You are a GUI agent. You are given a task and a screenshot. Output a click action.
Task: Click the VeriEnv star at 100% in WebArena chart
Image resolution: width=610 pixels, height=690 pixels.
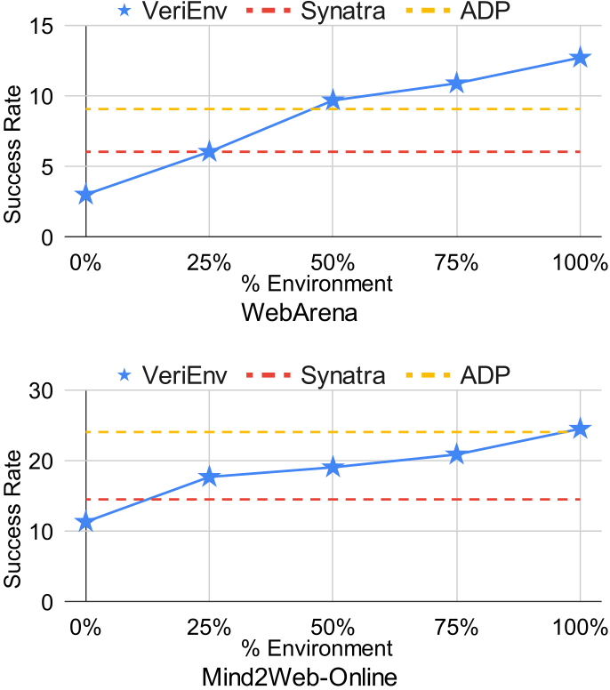tap(580, 58)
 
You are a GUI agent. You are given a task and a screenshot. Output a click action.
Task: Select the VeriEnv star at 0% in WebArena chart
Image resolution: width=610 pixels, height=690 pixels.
tap(85, 195)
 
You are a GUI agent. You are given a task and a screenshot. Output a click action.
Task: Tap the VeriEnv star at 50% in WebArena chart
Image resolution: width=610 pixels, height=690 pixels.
tap(333, 100)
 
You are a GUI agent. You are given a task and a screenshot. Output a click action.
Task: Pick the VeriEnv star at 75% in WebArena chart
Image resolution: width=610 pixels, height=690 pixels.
tap(456, 83)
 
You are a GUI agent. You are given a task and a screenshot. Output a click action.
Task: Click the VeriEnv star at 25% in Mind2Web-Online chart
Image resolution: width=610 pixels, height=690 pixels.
tap(209, 477)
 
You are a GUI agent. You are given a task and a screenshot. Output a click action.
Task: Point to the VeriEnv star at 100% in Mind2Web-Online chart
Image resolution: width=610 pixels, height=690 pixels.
tap(580, 429)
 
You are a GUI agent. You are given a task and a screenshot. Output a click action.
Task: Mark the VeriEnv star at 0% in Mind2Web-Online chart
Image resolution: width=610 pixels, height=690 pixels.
tap(85, 523)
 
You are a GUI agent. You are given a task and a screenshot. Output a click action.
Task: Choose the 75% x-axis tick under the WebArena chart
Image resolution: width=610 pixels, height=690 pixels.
tap(456, 262)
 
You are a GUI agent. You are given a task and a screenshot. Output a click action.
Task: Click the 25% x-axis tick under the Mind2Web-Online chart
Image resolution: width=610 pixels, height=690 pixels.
tap(209, 627)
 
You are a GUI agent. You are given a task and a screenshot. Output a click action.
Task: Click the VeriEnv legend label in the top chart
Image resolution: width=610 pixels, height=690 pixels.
tap(185, 12)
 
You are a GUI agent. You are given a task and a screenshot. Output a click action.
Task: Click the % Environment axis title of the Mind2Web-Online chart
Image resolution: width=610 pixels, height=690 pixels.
tap(317, 647)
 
